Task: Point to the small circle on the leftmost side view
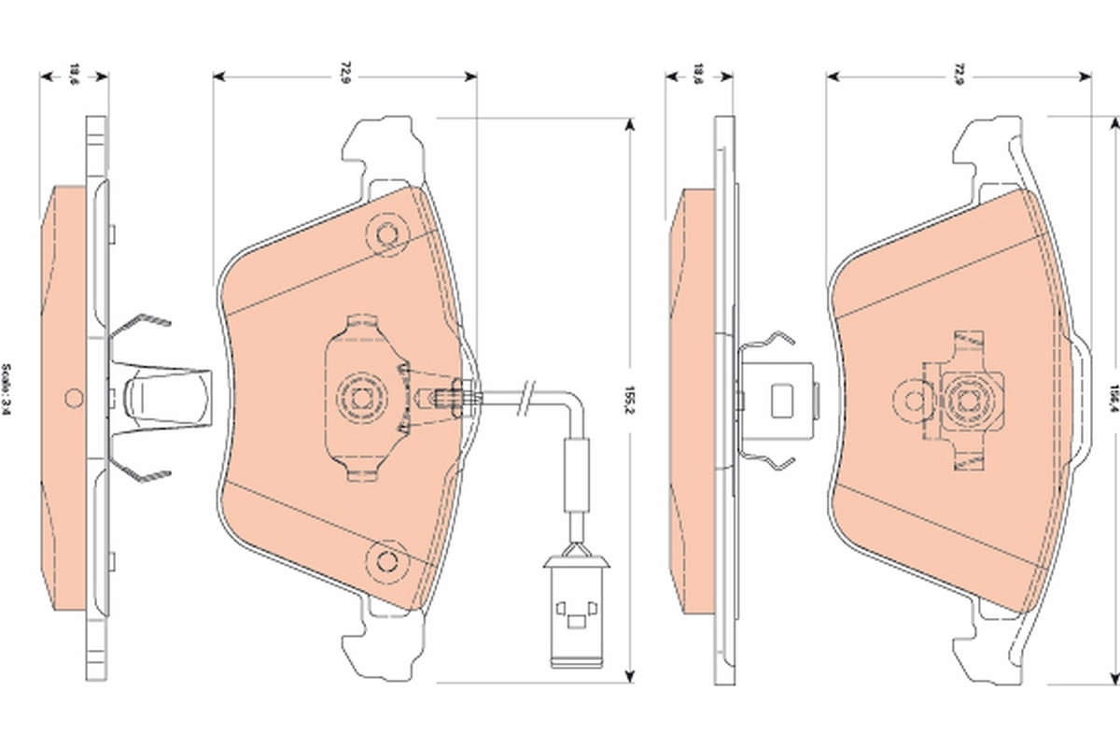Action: point(73,399)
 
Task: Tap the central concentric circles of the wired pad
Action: point(361,398)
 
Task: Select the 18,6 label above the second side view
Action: point(697,73)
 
